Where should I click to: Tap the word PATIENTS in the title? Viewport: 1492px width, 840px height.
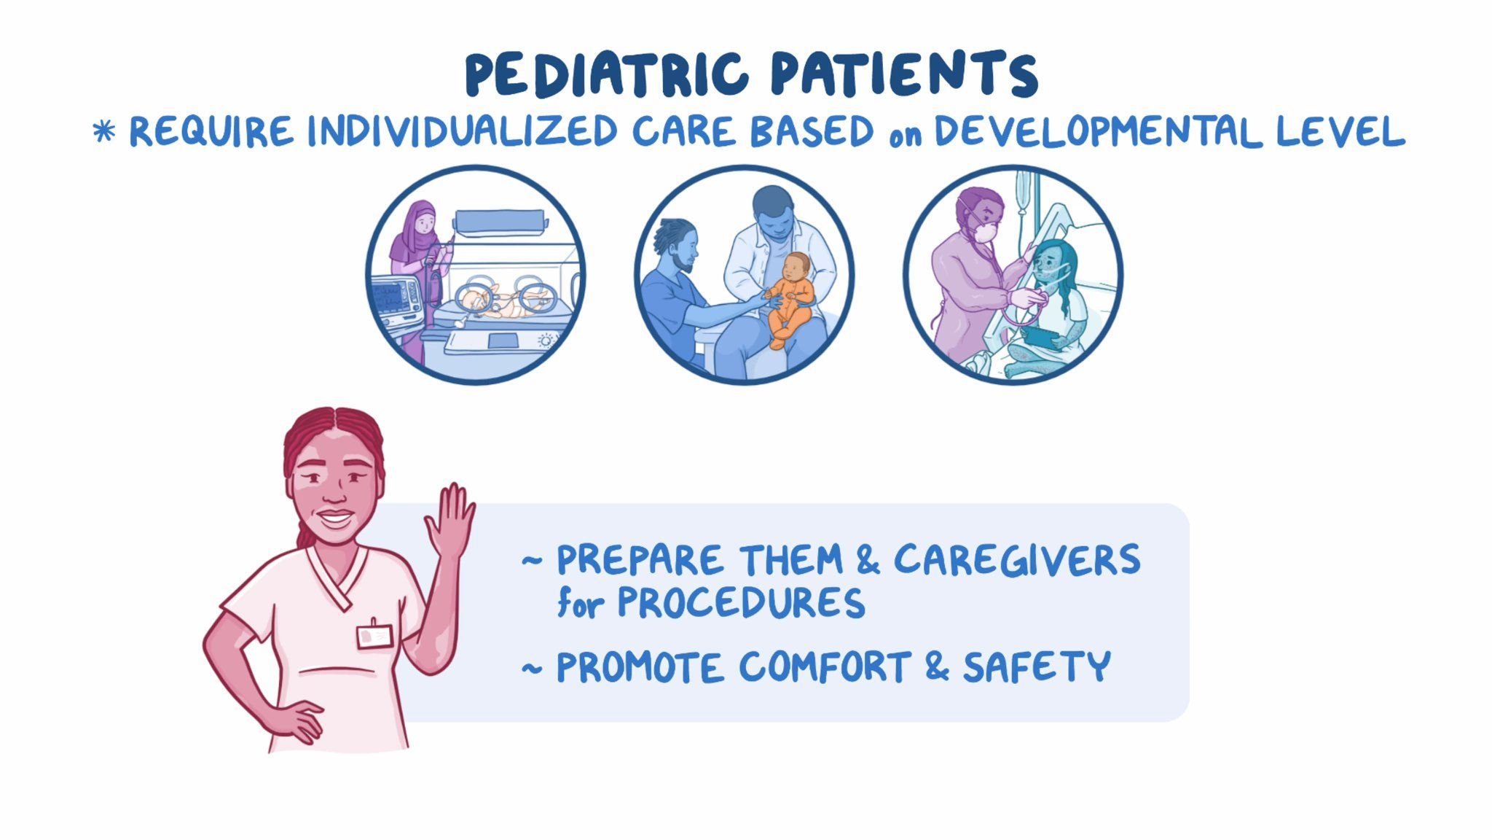[904, 75]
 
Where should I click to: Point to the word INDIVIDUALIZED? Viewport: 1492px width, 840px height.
[462, 132]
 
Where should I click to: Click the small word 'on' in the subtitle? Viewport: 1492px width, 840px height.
[905, 136]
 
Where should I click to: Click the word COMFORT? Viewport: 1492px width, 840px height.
[825, 666]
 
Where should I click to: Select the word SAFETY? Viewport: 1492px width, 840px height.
[1036, 666]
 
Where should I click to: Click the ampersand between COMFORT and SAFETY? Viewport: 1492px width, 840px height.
[938, 666]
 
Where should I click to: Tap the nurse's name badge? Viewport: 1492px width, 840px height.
[374, 636]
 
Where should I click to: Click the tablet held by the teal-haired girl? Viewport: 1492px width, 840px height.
[1040, 338]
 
